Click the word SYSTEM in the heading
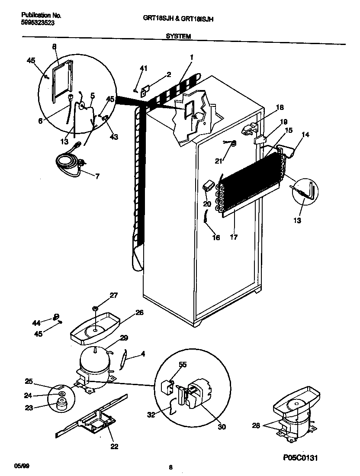click(x=178, y=37)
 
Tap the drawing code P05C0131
click(x=302, y=457)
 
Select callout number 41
click(x=143, y=68)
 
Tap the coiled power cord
click(x=67, y=164)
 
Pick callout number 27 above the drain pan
click(x=113, y=296)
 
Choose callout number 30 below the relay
click(x=221, y=427)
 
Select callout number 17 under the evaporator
click(x=234, y=237)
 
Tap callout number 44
click(x=36, y=323)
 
